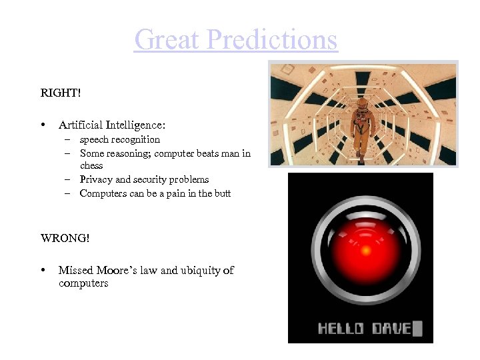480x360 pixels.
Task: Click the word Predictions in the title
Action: click(272, 39)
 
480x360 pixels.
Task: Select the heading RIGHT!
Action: click(60, 93)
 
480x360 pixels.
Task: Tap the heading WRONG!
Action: click(65, 238)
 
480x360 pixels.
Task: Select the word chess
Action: click(91, 165)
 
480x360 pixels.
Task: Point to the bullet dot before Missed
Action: click(43, 271)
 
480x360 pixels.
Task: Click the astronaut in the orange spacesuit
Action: click(361, 127)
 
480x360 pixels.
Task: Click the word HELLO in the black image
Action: click(340, 329)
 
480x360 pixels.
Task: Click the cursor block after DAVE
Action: click(418, 328)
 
